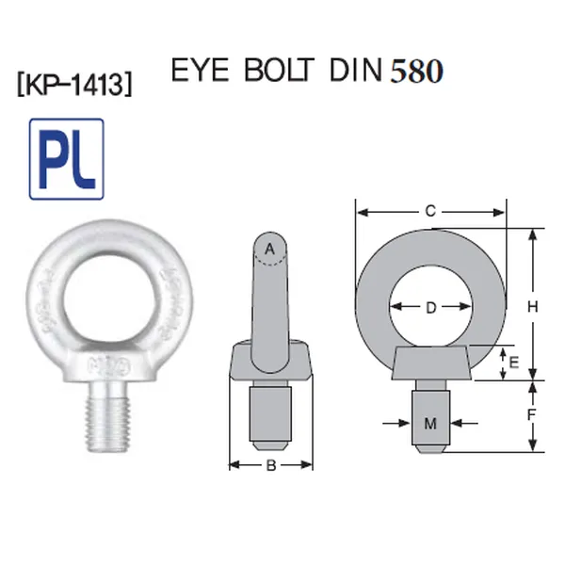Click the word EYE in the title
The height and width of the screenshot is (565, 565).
(201, 73)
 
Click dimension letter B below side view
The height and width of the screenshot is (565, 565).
(270, 464)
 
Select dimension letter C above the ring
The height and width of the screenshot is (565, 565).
(430, 211)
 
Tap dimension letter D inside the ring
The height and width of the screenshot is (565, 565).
(430, 307)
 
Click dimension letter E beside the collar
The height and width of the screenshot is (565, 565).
(513, 362)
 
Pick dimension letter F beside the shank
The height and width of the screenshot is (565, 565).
(532, 415)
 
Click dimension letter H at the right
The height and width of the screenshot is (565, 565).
(532, 305)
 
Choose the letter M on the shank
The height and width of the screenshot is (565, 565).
(430, 424)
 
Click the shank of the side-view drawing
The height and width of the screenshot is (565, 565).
(270, 414)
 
